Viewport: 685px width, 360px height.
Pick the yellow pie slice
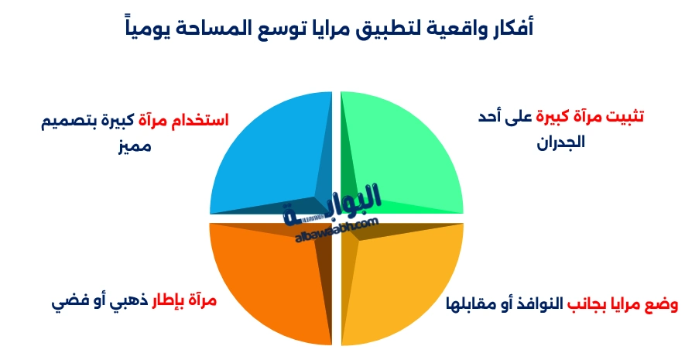pyautogui.click(x=410, y=286)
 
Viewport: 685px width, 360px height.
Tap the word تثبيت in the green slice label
pyautogui.click(x=620, y=118)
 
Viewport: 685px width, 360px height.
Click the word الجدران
pyautogui.click(x=561, y=142)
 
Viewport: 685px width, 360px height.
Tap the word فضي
pyautogui.click(x=65, y=301)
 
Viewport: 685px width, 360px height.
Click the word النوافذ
pyautogui.click(x=527, y=303)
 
